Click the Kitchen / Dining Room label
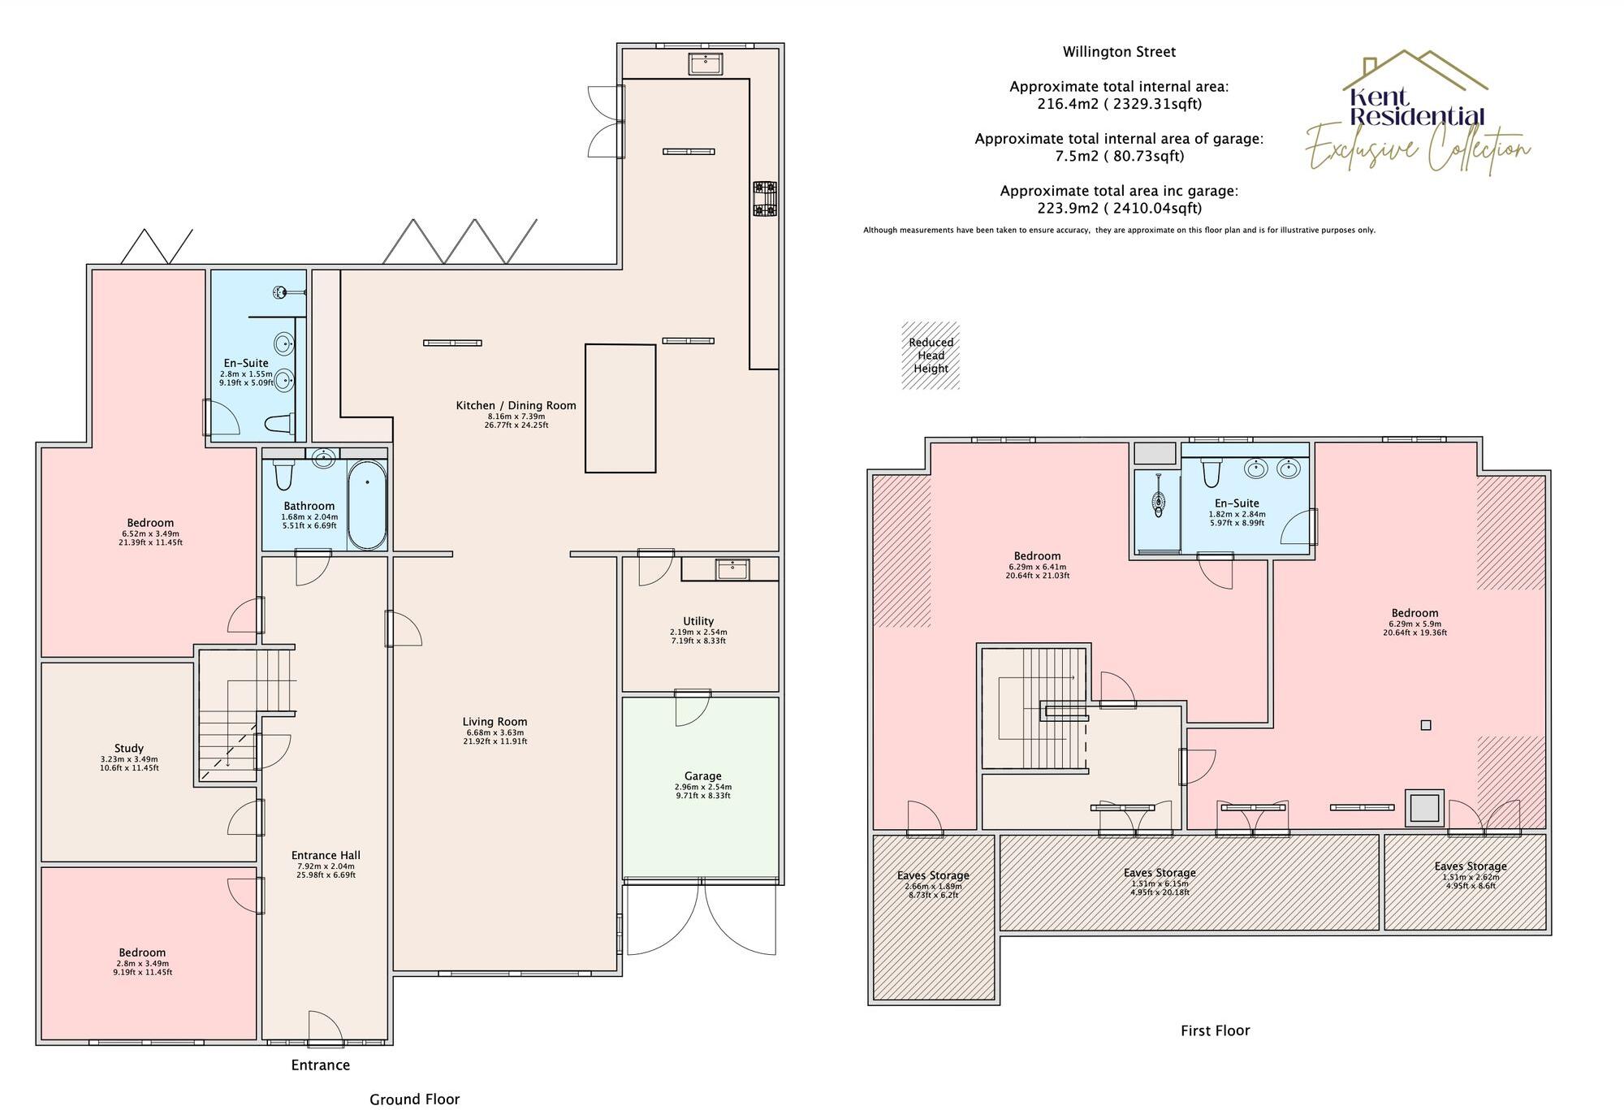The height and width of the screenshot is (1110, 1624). (516, 405)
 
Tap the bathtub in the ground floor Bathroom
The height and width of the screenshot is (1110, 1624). (367, 504)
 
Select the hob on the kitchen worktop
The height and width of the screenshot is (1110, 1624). (764, 199)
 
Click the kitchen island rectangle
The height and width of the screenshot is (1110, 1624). (620, 408)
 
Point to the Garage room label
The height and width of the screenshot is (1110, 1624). (702, 776)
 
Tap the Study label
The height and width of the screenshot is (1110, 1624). (129, 748)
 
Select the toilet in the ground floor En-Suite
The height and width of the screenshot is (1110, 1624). (279, 423)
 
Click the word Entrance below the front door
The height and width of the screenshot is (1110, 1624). (321, 1065)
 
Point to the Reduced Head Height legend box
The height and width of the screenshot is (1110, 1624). (931, 356)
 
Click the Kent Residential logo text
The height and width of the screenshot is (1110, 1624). (1417, 107)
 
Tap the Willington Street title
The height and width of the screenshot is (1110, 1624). (1119, 52)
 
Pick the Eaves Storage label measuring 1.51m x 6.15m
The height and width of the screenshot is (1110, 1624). (1160, 873)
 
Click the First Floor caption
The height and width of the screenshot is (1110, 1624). (1215, 1030)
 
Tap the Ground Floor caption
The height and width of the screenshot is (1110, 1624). (414, 1099)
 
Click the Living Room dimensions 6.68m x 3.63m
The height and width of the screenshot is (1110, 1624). (495, 732)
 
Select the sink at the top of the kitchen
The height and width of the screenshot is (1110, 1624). (706, 63)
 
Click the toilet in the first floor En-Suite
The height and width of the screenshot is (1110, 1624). (1212, 472)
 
